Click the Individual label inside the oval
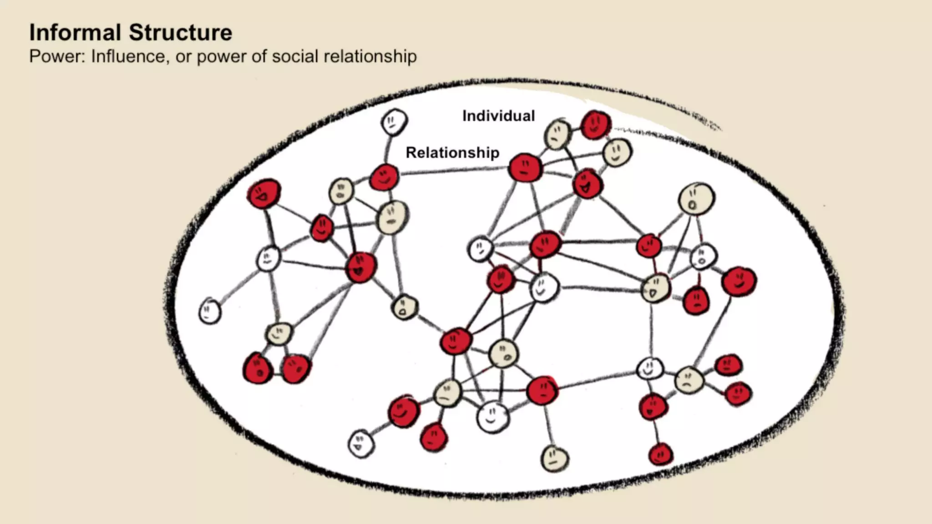coord(498,116)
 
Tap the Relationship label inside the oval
coord(452,152)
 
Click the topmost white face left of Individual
coord(394,121)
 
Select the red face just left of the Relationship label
coord(385,177)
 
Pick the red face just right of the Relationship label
coord(525,168)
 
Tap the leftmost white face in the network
coord(210,311)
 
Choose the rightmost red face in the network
coord(739,281)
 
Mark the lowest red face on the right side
coord(660,453)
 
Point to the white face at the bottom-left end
coord(361,443)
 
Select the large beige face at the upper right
coord(696,198)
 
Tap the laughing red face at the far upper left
coord(264,193)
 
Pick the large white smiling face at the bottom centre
coord(493,417)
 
